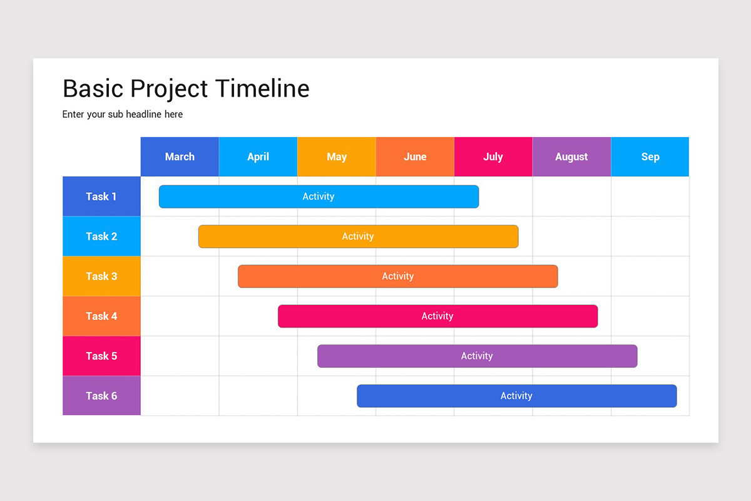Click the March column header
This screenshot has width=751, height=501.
180,157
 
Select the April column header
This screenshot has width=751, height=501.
258,157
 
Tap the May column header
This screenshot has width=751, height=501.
337,157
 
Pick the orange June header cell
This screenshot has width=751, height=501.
415,157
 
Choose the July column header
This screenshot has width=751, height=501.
493,157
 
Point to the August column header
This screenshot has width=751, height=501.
571,157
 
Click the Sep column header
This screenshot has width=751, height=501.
650,157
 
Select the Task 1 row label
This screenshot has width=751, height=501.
101,197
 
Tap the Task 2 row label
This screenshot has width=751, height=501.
101,236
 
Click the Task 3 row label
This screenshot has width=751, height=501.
101,276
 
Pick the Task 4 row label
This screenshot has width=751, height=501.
101,316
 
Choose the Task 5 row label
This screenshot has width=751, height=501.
101,356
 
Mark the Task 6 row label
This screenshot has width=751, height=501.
101,396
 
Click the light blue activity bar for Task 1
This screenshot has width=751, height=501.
319,197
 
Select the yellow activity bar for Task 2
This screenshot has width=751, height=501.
358,236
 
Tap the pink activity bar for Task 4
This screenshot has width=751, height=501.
437,316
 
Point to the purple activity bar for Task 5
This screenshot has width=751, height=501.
477,356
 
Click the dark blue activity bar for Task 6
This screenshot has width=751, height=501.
516,396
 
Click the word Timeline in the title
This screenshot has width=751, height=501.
262,89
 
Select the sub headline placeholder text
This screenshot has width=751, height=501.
123,115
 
